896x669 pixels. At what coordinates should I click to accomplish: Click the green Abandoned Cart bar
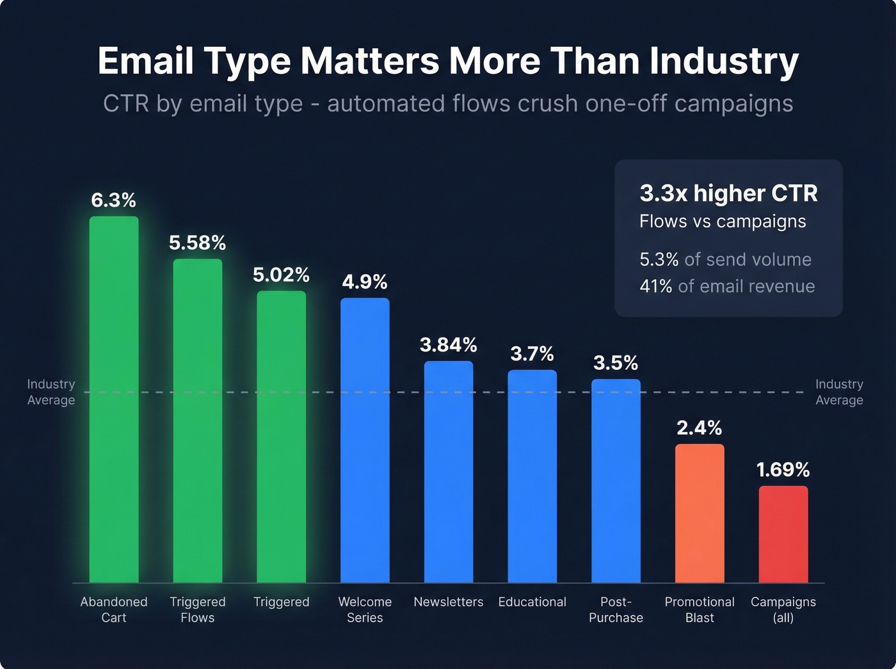click(x=114, y=399)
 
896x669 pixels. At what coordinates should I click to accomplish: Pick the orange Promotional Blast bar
click(x=700, y=513)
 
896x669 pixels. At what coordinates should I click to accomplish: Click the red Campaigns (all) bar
click(x=783, y=534)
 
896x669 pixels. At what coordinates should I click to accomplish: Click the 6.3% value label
click(x=114, y=200)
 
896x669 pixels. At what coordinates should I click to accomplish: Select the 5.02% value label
click(x=281, y=275)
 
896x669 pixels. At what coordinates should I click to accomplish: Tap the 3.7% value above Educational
click(x=532, y=353)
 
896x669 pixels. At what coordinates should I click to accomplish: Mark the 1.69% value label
click(x=783, y=470)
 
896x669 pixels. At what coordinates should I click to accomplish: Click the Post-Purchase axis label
click(x=616, y=609)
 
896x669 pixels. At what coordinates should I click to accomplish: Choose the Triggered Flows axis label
click(x=198, y=609)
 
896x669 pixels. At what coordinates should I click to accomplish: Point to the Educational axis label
click(x=532, y=602)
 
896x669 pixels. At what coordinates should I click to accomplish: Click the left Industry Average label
click(x=51, y=392)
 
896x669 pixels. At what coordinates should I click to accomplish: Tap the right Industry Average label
click(x=839, y=392)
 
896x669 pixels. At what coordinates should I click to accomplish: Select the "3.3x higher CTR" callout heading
click(x=728, y=193)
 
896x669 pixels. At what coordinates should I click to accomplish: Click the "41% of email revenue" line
click(x=727, y=286)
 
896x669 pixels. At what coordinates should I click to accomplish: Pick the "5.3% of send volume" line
click(x=725, y=259)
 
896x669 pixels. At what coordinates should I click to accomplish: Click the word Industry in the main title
click(x=723, y=61)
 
